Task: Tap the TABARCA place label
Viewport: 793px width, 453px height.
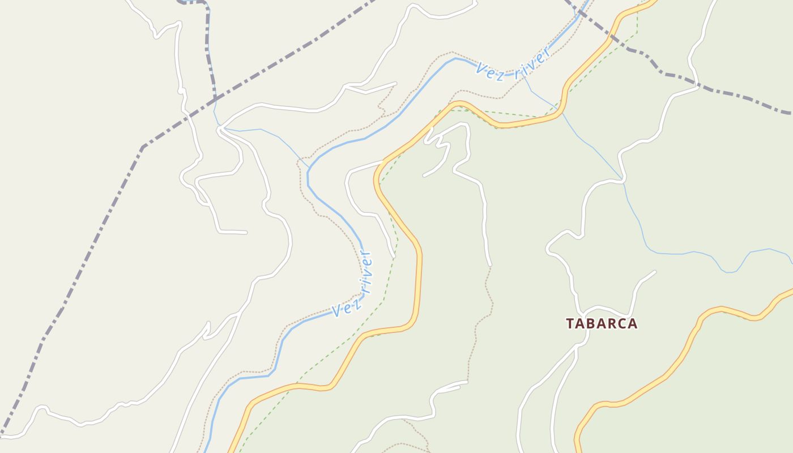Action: (602, 324)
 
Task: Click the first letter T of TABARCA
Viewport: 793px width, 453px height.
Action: (570, 324)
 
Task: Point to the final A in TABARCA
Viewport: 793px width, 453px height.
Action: (633, 324)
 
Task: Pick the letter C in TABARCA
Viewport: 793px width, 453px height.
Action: (623, 324)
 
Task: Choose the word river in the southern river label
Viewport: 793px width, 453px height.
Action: (366, 273)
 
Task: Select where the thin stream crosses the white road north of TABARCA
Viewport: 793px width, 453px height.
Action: (624, 181)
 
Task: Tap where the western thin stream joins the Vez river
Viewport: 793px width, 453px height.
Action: (309, 168)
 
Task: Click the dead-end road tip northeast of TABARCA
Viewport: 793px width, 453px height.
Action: (655, 272)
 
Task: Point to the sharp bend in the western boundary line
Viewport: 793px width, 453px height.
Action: (143, 148)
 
